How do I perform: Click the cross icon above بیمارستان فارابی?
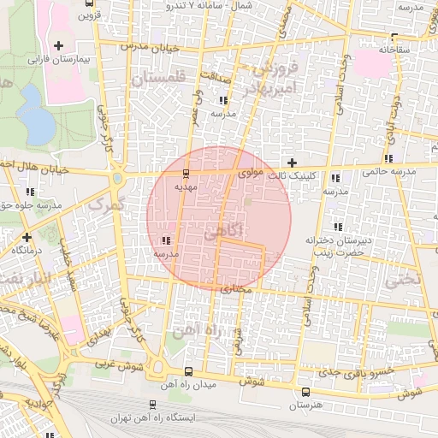58,45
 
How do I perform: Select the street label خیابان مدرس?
150,48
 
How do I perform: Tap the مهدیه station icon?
186,173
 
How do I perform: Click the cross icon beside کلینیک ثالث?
292,162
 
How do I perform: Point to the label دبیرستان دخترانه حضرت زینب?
342,246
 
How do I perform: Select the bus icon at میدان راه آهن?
188,370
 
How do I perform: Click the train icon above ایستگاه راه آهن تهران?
152,405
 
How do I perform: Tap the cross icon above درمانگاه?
27,236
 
